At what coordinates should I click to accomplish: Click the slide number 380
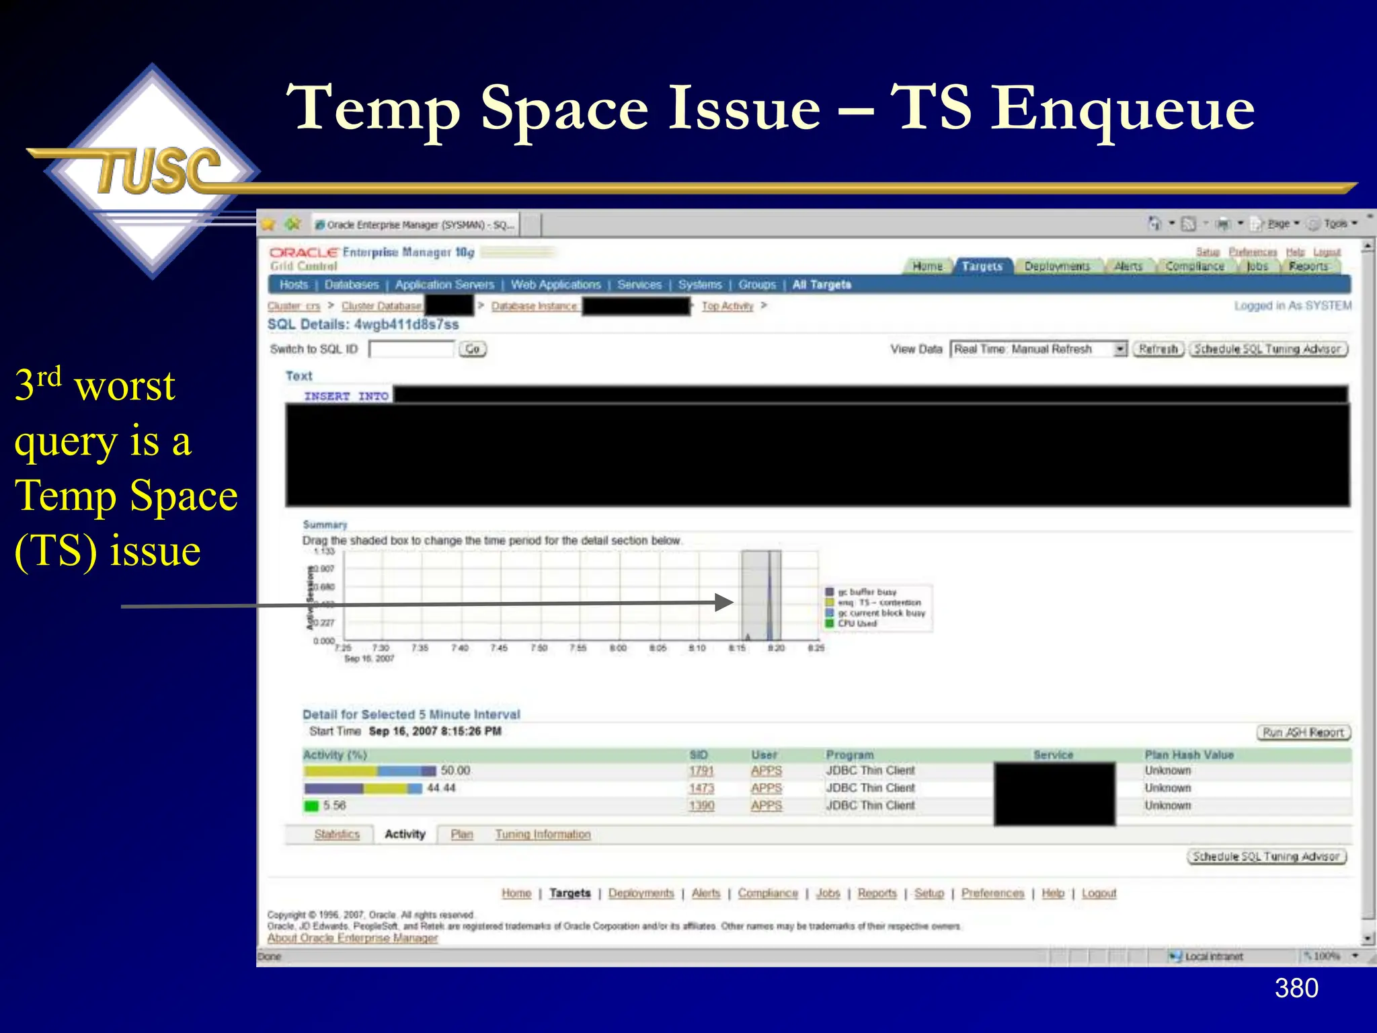click(1296, 988)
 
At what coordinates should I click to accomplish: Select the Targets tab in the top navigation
click(982, 266)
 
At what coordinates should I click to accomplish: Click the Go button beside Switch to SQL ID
click(473, 349)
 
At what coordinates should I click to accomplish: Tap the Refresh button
click(1158, 349)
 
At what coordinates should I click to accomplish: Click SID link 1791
click(701, 771)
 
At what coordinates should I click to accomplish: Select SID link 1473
click(701, 788)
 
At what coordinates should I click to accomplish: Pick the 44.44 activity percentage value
click(441, 788)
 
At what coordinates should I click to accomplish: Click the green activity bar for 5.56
click(311, 806)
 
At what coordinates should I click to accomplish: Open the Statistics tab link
click(337, 835)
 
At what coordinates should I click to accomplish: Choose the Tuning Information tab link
click(543, 835)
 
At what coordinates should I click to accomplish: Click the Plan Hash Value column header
click(1189, 755)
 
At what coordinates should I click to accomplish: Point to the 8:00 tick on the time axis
click(618, 648)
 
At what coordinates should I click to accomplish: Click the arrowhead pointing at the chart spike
click(723, 603)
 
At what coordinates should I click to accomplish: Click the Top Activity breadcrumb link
click(727, 306)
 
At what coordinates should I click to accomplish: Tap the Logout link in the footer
click(1099, 893)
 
